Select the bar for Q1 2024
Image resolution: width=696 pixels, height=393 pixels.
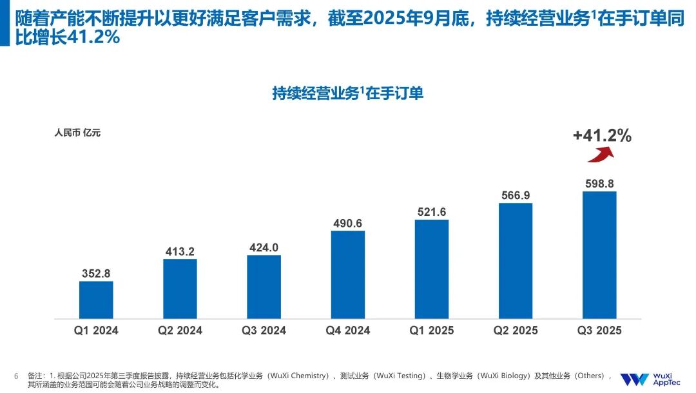tap(96, 300)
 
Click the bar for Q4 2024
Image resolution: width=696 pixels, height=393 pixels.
tap(347, 274)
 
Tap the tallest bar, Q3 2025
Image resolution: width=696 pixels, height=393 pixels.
tap(599, 254)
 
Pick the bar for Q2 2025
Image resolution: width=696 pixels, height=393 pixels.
tap(515, 260)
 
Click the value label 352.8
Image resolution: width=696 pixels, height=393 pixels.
tap(96, 273)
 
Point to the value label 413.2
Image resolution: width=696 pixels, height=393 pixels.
tap(180, 251)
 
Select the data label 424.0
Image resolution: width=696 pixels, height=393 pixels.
tap(264, 247)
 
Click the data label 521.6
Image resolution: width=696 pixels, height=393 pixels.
tap(431, 212)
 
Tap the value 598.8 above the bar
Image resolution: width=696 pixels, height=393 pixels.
tap(599, 184)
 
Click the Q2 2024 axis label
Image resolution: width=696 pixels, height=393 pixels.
tap(180, 331)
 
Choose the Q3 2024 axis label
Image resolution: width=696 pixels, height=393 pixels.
tap(264, 331)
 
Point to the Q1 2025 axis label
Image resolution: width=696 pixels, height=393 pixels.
tap(431, 331)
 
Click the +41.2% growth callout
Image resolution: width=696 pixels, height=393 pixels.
tap(602, 135)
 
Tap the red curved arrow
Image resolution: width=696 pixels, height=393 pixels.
tap(600, 155)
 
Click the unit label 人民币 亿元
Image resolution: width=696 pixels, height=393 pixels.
tap(77, 133)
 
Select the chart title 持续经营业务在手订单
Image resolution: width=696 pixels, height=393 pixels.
tap(347, 93)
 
